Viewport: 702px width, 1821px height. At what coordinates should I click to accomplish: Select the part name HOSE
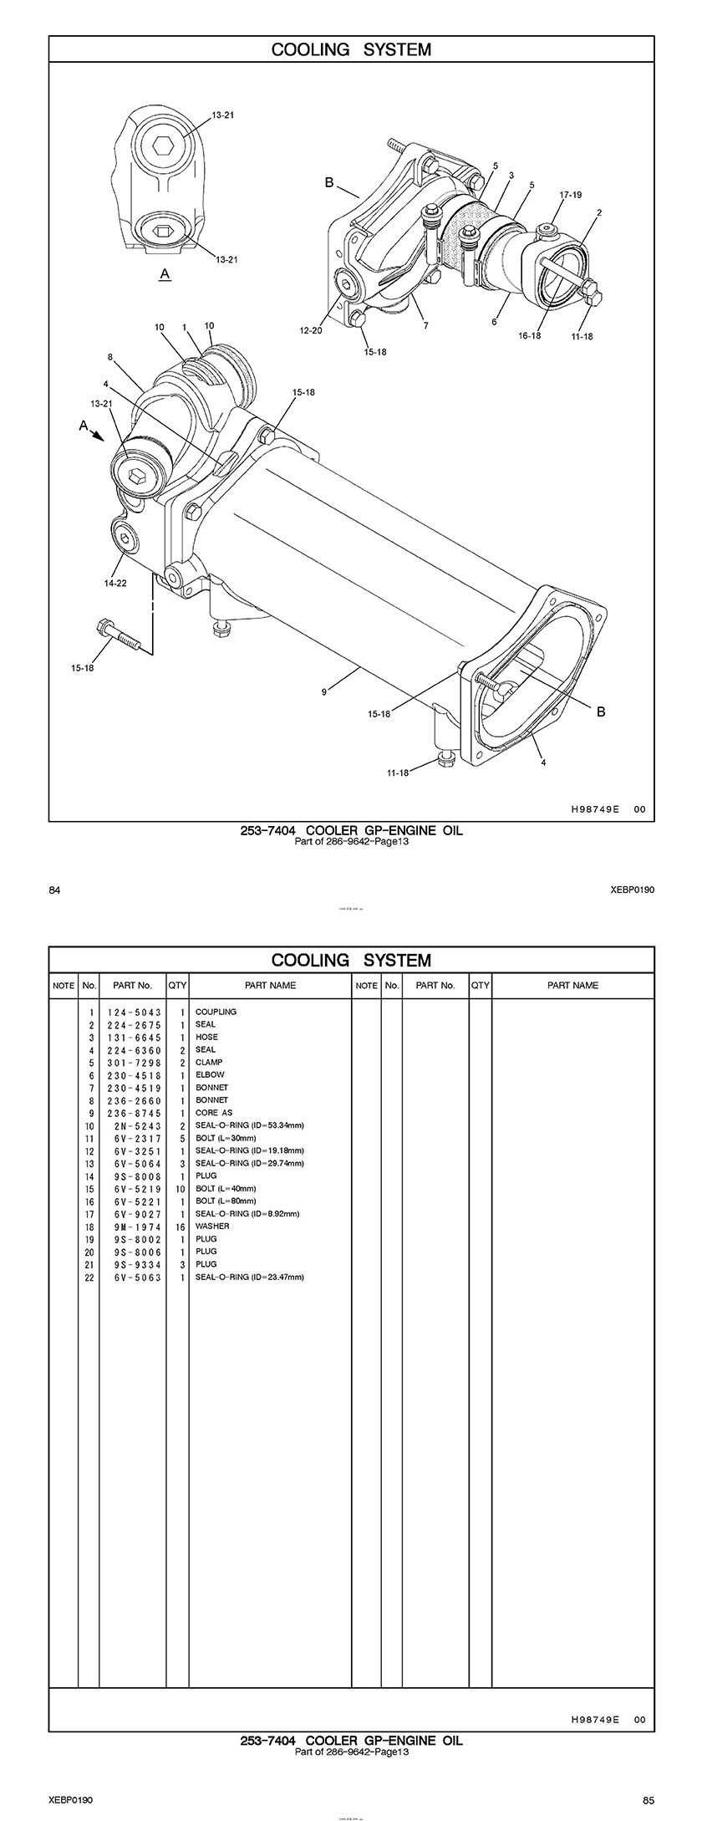(x=206, y=1037)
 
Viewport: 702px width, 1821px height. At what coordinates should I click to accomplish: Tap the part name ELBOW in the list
(x=210, y=1074)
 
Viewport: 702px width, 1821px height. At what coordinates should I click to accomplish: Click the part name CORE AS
(x=214, y=1113)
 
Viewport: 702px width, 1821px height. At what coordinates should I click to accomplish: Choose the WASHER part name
(x=212, y=1226)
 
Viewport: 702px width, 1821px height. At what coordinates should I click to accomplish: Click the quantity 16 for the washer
(x=179, y=1226)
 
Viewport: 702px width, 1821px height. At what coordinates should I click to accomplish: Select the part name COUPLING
(x=216, y=1012)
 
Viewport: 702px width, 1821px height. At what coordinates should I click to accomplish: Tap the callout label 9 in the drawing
(x=323, y=691)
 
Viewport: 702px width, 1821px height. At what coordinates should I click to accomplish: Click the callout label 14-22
(x=115, y=584)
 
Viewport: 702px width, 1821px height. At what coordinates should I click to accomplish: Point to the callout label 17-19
(x=571, y=195)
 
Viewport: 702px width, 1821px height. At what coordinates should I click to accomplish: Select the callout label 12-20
(x=311, y=331)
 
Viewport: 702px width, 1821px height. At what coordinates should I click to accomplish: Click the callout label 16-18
(x=530, y=336)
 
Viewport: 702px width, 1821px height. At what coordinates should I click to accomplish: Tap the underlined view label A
(x=165, y=273)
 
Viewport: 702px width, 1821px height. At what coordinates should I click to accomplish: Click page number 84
(x=54, y=890)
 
